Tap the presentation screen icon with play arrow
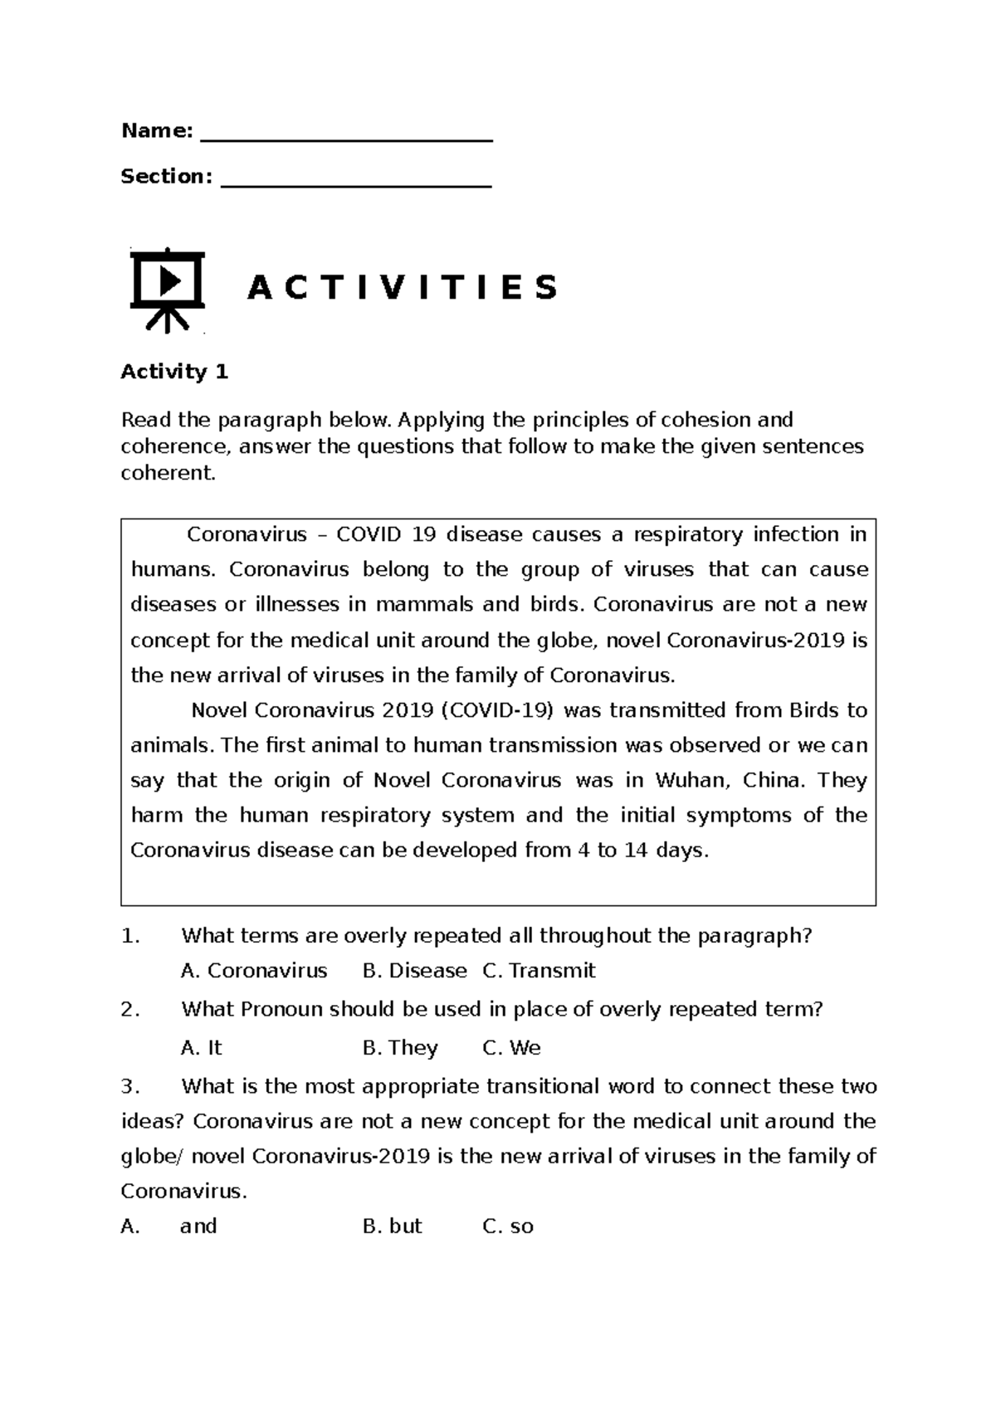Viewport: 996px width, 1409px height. tap(168, 288)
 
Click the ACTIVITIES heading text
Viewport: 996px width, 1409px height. tap(402, 288)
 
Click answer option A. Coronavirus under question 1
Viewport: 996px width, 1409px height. tap(254, 970)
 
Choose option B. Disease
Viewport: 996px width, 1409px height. tap(415, 970)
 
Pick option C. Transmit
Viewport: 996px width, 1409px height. tap(539, 970)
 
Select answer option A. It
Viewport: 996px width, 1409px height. tap(202, 1047)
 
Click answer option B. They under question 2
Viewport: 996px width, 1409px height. tap(400, 1047)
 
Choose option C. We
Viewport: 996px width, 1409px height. tap(511, 1047)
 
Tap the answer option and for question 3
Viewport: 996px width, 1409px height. tap(198, 1226)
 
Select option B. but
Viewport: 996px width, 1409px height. tap(393, 1226)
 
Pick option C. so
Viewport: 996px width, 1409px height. tap(508, 1226)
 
